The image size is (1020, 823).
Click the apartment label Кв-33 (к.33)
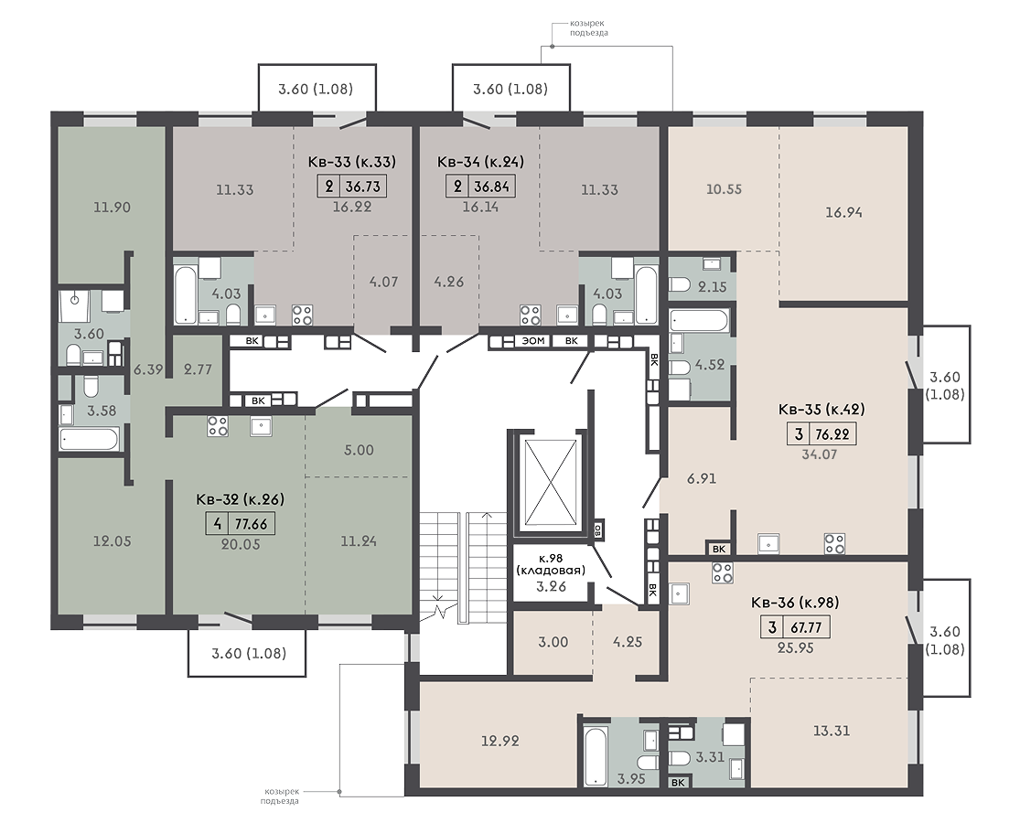351,161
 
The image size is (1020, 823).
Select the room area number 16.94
843,212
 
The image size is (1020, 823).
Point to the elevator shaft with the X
552,482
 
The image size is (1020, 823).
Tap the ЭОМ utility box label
533,341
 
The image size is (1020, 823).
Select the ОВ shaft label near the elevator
597,528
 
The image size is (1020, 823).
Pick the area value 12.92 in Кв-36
500,741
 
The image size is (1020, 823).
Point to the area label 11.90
112,208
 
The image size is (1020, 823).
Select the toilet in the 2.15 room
681,285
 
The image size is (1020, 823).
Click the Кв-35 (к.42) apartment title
821,410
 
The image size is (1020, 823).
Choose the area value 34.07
819,454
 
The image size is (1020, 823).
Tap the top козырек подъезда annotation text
580,28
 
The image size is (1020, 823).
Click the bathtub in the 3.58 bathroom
89,439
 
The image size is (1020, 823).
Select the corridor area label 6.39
148,369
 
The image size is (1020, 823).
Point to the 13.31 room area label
832,731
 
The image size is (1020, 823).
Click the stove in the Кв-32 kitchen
218,426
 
